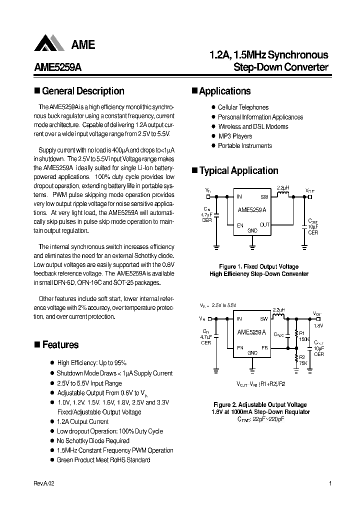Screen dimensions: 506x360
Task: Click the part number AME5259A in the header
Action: click(57, 68)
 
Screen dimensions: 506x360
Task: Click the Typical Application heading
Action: click(238, 170)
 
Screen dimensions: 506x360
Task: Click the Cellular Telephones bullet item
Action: click(243, 107)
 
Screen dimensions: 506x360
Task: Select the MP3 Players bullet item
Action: click(235, 136)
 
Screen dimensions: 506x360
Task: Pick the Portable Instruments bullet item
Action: click(245, 145)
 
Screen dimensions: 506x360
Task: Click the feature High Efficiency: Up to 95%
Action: click(91, 363)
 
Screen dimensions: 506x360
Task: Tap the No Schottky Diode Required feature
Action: click(93, 440)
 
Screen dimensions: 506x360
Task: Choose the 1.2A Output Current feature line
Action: click(82, 421)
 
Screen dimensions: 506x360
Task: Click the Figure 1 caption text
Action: click(258, 266)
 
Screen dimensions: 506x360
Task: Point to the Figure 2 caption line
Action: click(260, 404)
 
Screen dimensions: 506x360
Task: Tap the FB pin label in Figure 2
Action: click(264, 347)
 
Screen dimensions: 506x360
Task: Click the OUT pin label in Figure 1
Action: click(264, 224)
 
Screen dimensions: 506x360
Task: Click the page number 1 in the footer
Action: click(331, 484)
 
